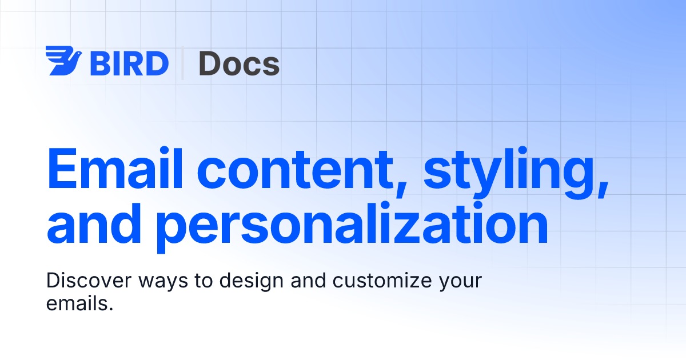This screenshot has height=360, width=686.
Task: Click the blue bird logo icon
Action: click(64, 61)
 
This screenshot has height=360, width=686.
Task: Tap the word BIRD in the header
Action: click(129, 63)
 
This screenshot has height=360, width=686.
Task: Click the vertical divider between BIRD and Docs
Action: click(183, 63)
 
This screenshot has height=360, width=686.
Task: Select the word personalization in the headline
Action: click(352, 226)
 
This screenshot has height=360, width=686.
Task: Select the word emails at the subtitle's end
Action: click(76, 303)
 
